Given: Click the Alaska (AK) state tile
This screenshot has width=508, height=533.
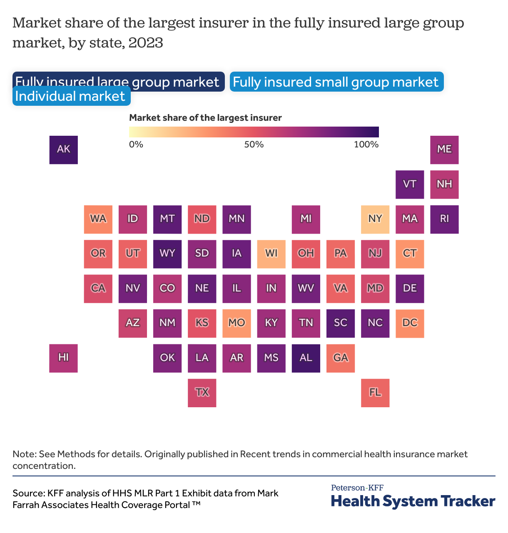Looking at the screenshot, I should pyautogui.click(x=63, y=149).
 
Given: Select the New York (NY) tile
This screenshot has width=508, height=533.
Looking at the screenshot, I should pyautogui.click(x=375, y=219).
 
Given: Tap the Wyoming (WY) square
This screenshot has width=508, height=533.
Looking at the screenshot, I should pyautogui.click(x=167, y=254).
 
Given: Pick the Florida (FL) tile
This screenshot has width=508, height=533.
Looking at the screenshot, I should pyautogui.click(x=375, y=393).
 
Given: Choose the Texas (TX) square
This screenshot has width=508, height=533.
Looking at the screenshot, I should pyautogui.click(x=202, y=393).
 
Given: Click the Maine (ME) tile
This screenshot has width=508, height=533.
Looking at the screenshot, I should pyautogui.click(x=444, y=149).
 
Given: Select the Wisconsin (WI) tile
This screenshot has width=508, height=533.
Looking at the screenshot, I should pyautogui.click(x=271, y=254).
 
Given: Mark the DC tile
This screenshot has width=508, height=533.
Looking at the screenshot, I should pyautogui.click(x=410, y=323).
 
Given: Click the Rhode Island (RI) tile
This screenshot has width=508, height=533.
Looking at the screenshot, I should pyautogui.click(x=444, y=219).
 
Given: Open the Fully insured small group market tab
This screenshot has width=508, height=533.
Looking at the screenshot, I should pyautogui.click(x=336, y=82).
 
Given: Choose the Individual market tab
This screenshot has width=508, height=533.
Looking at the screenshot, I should pyautogui.click(x=71, y=96).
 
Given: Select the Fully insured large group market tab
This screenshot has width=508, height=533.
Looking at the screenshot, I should pyautogui.click(x=118, y=82).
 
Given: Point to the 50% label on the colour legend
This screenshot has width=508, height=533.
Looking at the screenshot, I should pyautogui.click(x=254, y=144).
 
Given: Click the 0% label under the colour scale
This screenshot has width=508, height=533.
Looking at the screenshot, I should pyautogui.click(x=136, y=144).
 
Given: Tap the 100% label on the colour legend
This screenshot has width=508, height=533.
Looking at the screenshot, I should pyautogui.click(x=366, y=144).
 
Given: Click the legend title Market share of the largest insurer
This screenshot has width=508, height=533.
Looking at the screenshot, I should pyautogui.click(x=205, y=118).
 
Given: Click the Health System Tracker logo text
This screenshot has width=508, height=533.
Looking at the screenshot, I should pyautogui.click(x=413, y=501).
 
